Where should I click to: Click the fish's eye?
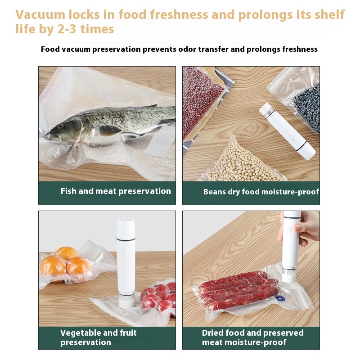pyautogui.click(x=60, y=126)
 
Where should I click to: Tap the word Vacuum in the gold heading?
pyautogui.click(x=40, y=15)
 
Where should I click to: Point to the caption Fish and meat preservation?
pyautogui.click(x=116, y=191)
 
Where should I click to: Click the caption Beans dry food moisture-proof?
pyautogui.click(x=261, y=192)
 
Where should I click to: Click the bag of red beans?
pyautogui.click(x=200, y=101)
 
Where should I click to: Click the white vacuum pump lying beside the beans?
pyautogui.click(x=287, y=131)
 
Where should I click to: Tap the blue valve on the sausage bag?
pyautogui.click(x=280, y=298)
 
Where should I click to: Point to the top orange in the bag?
pyautogui.click(x=67, y=253)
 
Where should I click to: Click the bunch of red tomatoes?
pyautogui.click(x=159, y=298)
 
